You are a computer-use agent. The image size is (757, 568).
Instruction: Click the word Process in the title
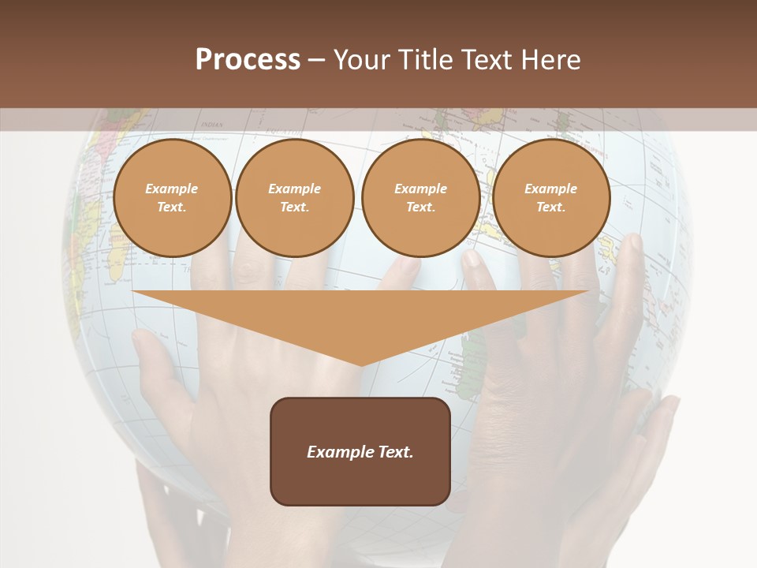tap(248, 60)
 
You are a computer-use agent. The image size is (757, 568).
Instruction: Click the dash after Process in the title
tap(316, 62)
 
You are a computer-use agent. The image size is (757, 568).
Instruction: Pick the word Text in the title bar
tap(487, 60)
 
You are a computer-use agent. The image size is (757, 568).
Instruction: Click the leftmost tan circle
tap(172, 198)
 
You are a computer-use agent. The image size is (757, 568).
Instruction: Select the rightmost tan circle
tap(550, 198)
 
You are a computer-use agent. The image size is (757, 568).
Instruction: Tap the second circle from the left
tap(294, 198)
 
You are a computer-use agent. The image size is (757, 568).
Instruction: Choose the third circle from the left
tap(420, 198)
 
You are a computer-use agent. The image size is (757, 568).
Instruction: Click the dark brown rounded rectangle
tap(360, 451)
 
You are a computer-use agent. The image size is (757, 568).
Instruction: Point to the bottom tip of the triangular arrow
tap(361, 365)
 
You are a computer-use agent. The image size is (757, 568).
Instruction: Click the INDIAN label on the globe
tap(211, 125)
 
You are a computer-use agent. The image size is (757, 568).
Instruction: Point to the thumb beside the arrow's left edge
tap(146, 343)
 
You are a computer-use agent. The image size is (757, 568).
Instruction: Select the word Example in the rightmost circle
tap(550, 189)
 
